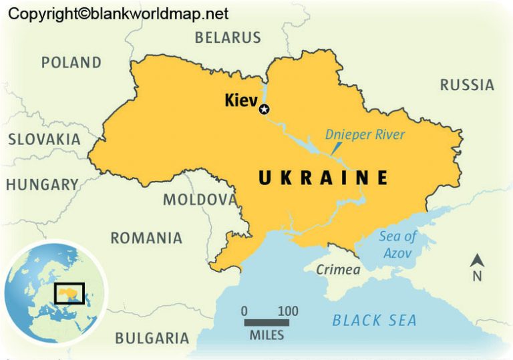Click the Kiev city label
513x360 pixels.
coord(241,101)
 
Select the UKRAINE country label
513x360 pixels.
coord(323,178)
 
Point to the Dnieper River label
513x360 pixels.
coord(365,135)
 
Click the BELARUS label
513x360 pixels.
coord(228,37)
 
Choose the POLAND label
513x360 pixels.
coord(71,63)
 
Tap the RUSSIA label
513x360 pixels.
coord(467,85)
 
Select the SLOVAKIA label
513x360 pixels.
coord(44,140)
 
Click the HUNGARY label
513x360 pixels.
coord(43,185)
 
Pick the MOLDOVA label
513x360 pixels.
coord(200,200)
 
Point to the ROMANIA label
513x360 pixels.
coord(146,238)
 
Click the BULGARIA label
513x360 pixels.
coord(152,338)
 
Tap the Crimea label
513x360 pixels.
coord(337,271)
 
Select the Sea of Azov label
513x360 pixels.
coord(397,244)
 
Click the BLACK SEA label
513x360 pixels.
coord(375,321)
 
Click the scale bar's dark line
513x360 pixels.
coord(267,323)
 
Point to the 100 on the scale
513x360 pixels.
coord(288,311)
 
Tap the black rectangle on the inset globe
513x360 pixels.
coord(69,293)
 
